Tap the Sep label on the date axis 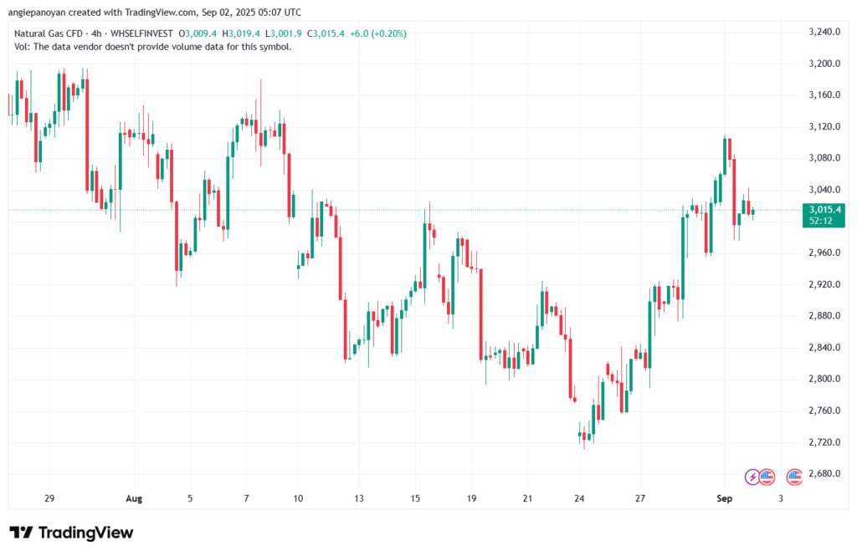[725, 498]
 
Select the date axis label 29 [49, 498]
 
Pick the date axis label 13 [358, 498]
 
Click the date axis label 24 [579, 498]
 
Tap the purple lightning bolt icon [752, 477]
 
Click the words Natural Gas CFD [47, 33]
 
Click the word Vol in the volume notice [22, 47]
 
